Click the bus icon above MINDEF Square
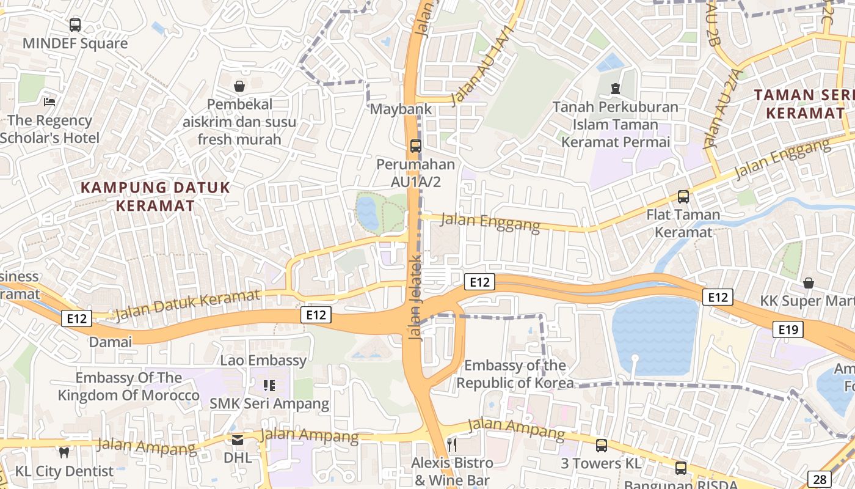point(75,25)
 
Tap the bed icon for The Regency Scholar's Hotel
point(49,101)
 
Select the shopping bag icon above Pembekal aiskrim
point(239,86)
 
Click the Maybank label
point(401,109)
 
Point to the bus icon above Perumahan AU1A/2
point(416,146)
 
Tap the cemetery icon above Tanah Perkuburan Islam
point(616,89)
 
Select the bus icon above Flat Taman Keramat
point(683,197)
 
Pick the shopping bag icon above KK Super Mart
point(809,283)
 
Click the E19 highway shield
point(788,330)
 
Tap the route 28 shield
point(819,479)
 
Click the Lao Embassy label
point(264,360)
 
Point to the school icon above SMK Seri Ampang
point(269,385)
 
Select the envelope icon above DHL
point(238,439)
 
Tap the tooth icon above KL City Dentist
point(64,452)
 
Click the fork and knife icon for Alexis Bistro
point(452,444)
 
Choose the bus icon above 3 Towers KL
point(602,446)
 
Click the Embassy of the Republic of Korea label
point(515,374)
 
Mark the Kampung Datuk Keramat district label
point(155,196)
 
